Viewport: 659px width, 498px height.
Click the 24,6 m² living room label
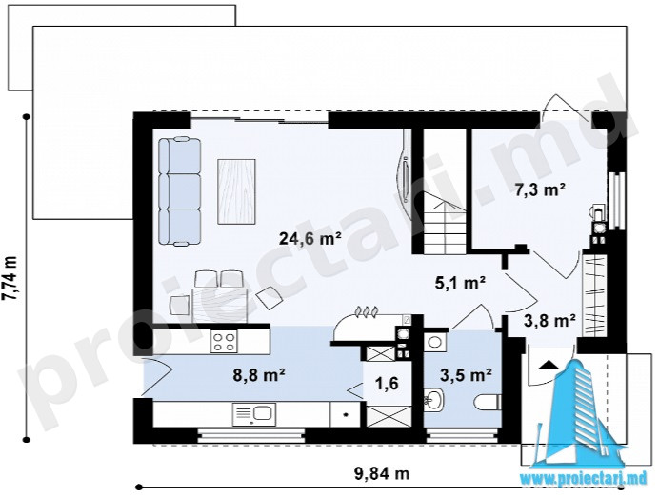(x=310, y=239)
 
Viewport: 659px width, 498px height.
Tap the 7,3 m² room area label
(x=540, y=190)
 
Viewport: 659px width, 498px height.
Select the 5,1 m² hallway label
(x=460, y=283)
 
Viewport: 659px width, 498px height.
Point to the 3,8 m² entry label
(x=549, y=321)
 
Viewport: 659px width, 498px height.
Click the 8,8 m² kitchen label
(x=259, y=374)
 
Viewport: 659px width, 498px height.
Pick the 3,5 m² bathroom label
(x=466, y=374)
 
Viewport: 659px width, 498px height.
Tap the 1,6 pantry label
(x=388, y=384)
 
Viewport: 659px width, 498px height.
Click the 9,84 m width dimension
(x=382, y=474)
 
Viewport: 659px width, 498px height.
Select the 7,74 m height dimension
(x=10, y=279)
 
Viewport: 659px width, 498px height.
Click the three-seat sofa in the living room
(x=179, y=190)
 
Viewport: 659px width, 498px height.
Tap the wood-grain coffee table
(x=236, y=191)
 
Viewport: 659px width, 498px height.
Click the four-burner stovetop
(x=224, y=341)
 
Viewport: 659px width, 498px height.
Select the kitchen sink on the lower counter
(x=254, y=412)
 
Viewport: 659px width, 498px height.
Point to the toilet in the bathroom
(x=488, y=403)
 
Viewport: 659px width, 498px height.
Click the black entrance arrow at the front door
(x=549, y=365)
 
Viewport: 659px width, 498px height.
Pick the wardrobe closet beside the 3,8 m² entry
(x=594, y=295)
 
